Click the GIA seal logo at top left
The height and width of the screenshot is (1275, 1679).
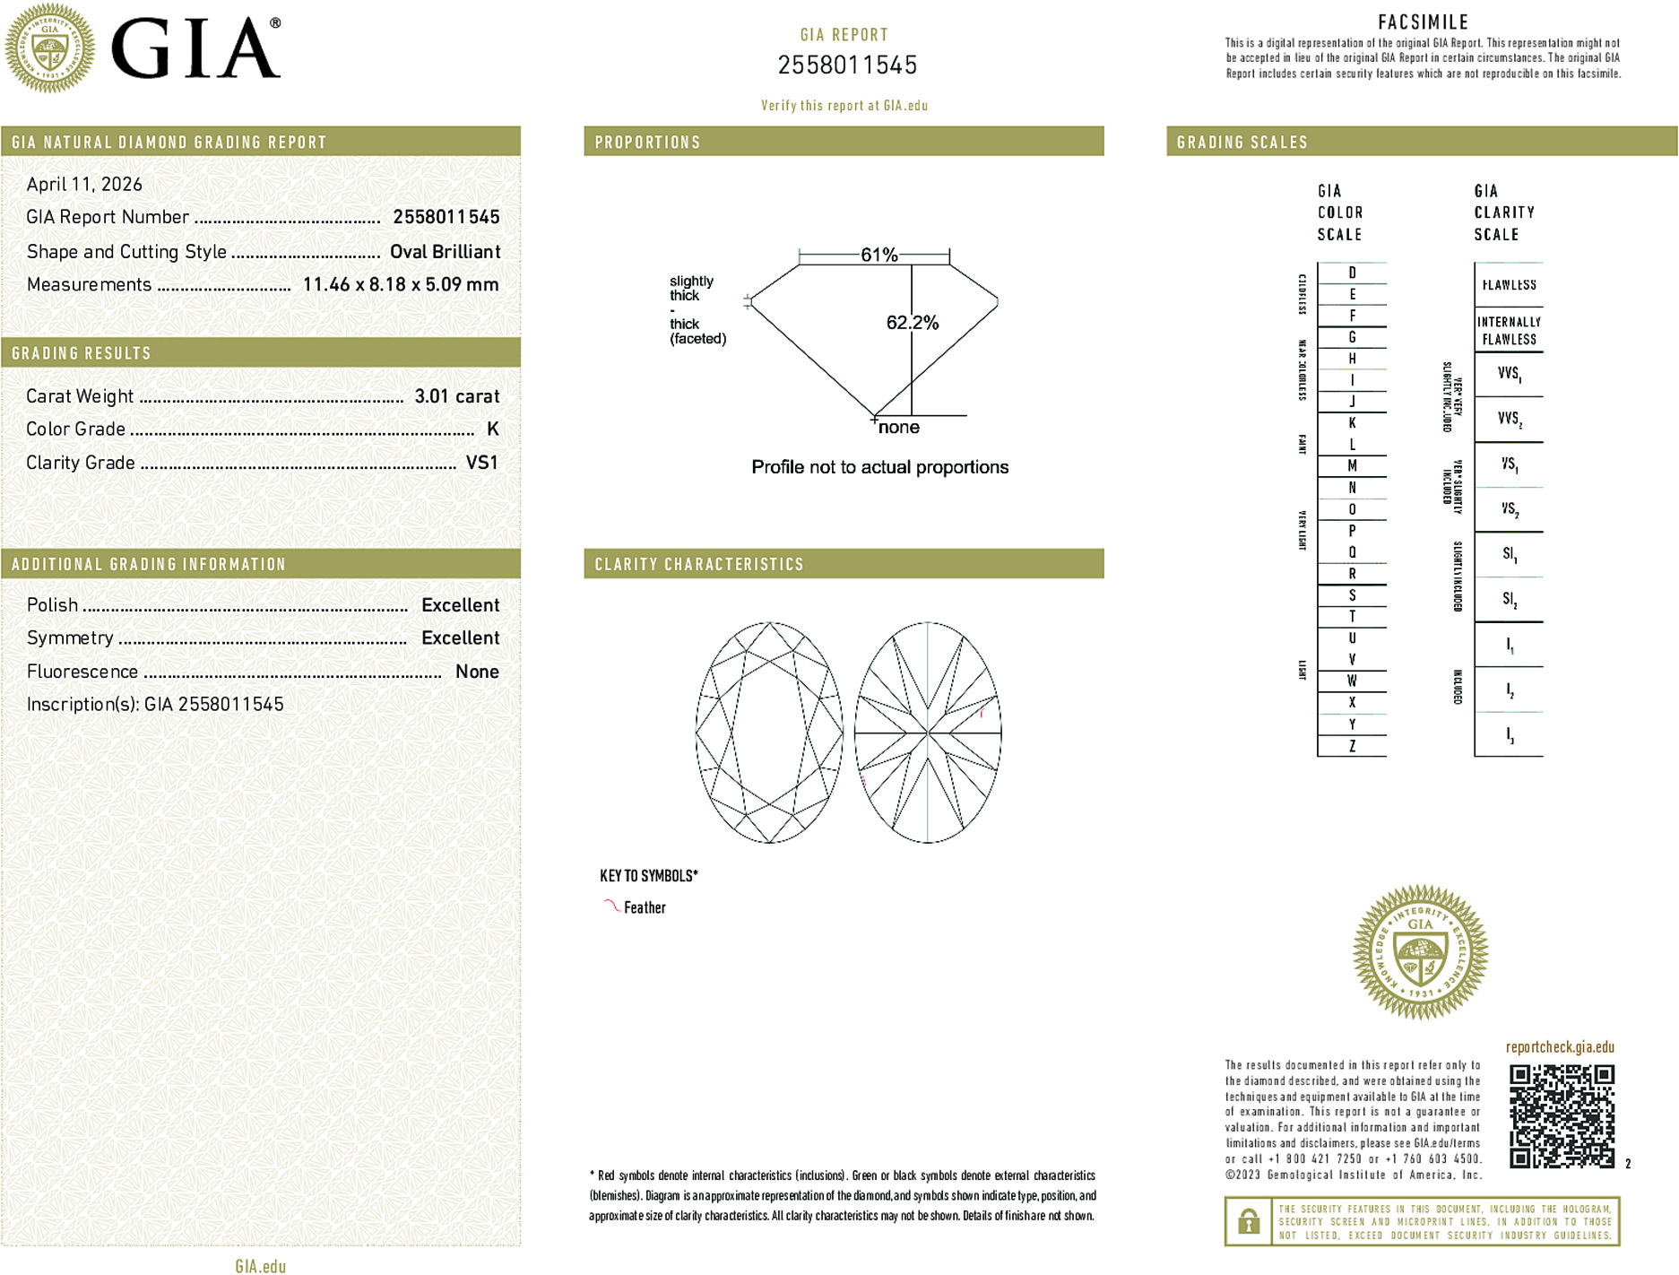pos(49,48)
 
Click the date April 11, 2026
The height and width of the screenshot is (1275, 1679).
pos(84,185)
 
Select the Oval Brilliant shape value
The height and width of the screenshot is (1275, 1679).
pos(445,252)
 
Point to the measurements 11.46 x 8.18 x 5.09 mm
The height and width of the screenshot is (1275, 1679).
pos(400,285)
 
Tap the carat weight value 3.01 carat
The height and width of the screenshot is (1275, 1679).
pos(456,396)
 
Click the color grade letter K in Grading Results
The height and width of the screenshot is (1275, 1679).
pos(492,429)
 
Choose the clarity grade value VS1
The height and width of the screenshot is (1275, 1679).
pos(481,463)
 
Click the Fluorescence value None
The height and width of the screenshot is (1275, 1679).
pos(477,672)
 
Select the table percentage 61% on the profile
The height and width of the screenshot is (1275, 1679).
pos(878,255)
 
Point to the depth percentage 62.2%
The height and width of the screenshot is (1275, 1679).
pos(912,323)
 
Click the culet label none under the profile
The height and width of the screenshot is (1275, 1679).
pos(898,428)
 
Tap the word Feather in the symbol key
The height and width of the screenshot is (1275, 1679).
pos(645,907)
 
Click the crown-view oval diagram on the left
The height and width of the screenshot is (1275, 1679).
pos(769,733)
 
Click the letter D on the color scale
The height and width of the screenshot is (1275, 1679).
pos(1352,273)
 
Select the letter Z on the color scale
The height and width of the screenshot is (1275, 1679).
pos(1352,746)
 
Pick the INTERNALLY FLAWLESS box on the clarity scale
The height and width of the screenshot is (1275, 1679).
pos(1509,330)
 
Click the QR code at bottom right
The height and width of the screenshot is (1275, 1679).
pos(1562,1116)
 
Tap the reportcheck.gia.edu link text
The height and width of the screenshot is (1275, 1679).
pos(1560,1047)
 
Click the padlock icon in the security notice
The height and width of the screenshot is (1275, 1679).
pos(1248,1221)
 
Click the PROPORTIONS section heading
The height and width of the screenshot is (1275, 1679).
pos(647,143)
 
